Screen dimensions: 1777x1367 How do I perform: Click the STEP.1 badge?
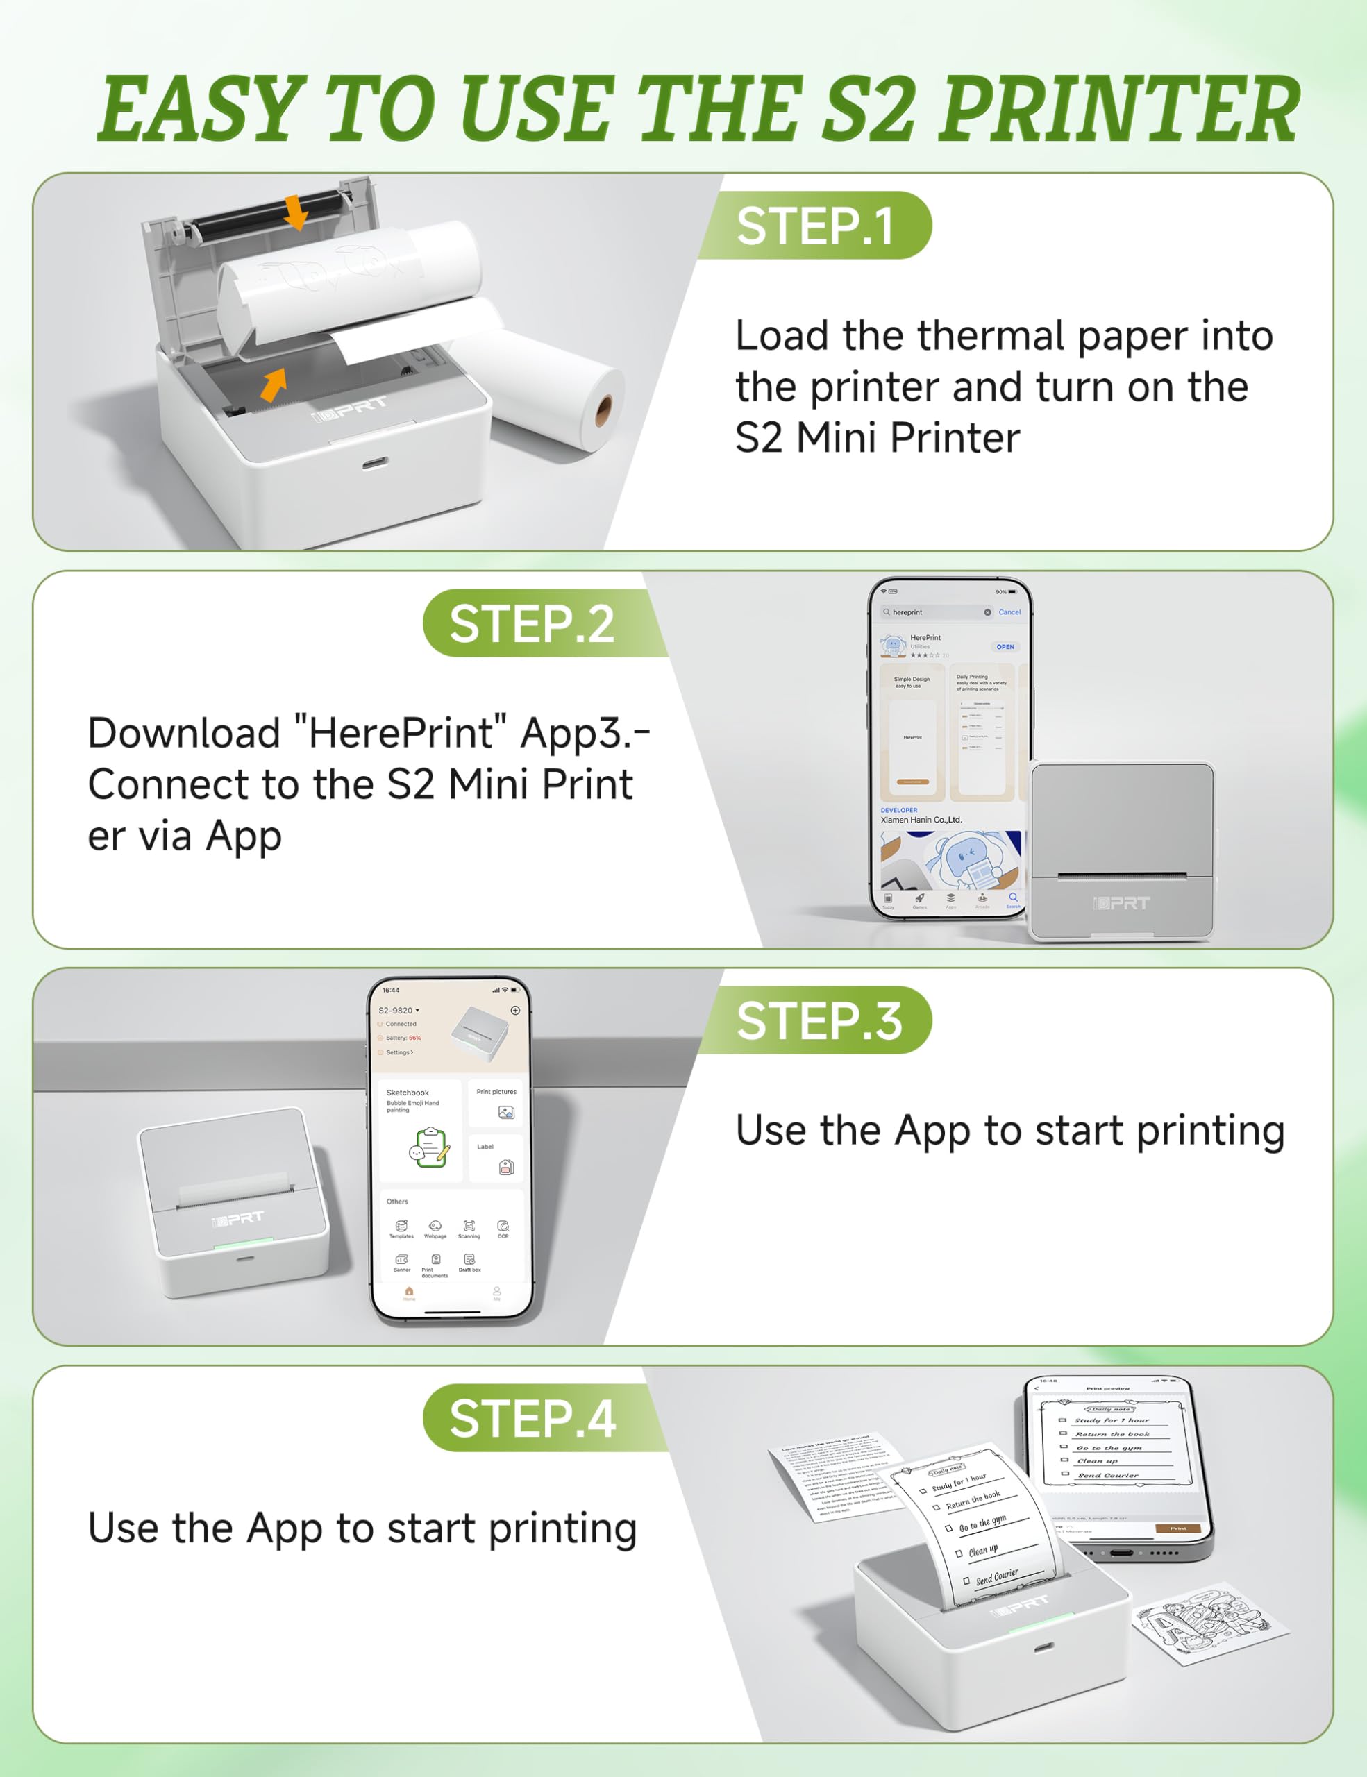point(814,226)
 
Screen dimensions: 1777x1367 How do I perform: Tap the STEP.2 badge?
point(532,623)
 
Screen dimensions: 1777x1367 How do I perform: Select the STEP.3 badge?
point(819,1020)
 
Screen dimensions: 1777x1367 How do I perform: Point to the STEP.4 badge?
point(532,1418)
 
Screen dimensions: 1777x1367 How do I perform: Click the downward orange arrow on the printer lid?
point(296,212)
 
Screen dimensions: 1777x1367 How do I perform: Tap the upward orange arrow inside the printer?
point(274,384)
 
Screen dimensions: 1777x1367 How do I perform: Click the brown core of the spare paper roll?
point(603,411)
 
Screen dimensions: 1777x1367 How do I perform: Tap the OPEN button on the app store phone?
point(1005,647)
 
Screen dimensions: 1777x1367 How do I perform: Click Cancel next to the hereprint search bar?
point(1009,612)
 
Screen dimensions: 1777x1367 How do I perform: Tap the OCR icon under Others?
point(503,1227)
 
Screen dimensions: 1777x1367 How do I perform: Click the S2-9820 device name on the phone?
point(396,1010)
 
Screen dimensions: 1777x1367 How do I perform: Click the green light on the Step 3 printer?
point(243,1243)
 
